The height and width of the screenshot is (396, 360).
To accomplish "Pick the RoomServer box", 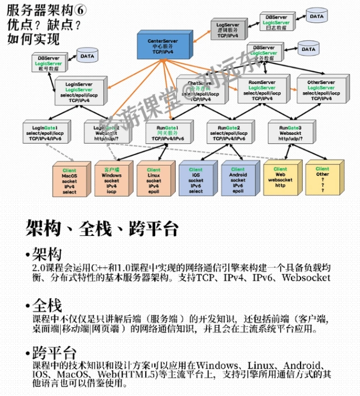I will [261, 91].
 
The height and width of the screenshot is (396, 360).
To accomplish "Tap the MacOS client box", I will [69, 181].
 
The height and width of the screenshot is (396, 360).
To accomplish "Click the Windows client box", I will [111, 181].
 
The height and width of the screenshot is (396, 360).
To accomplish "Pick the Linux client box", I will [154, 181].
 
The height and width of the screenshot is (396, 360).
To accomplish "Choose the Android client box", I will [238, 180].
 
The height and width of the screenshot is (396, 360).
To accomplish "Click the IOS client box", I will [196, 181].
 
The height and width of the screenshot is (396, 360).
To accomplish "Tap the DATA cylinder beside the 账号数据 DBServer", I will [85, 55].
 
